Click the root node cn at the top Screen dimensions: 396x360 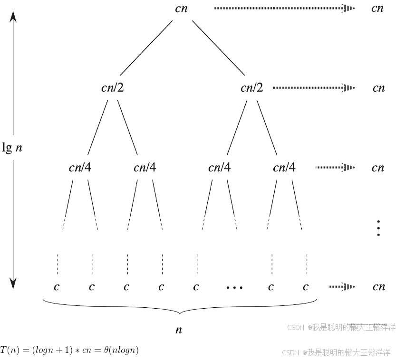pos(181,9)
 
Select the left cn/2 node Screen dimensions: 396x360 pos(113,88)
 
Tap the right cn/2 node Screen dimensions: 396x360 pos(252,88)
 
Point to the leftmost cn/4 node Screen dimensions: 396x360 pos(80,168)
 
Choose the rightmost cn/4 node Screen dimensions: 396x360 pos(284,168)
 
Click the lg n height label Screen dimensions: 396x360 pos(12,148)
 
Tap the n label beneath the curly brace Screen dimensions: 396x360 pos(179,330)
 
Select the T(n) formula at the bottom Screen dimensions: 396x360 pos(69,351)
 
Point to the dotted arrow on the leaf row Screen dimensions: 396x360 pos(341,286)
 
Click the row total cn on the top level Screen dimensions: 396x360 pos(378,9)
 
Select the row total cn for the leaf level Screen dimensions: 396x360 pos(378,287)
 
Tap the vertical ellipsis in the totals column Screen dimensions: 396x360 pos(378,228)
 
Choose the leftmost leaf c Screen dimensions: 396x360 pos(57,287)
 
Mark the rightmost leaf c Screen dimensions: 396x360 pos(306,287)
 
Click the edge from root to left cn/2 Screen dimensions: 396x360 pos(145,47)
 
